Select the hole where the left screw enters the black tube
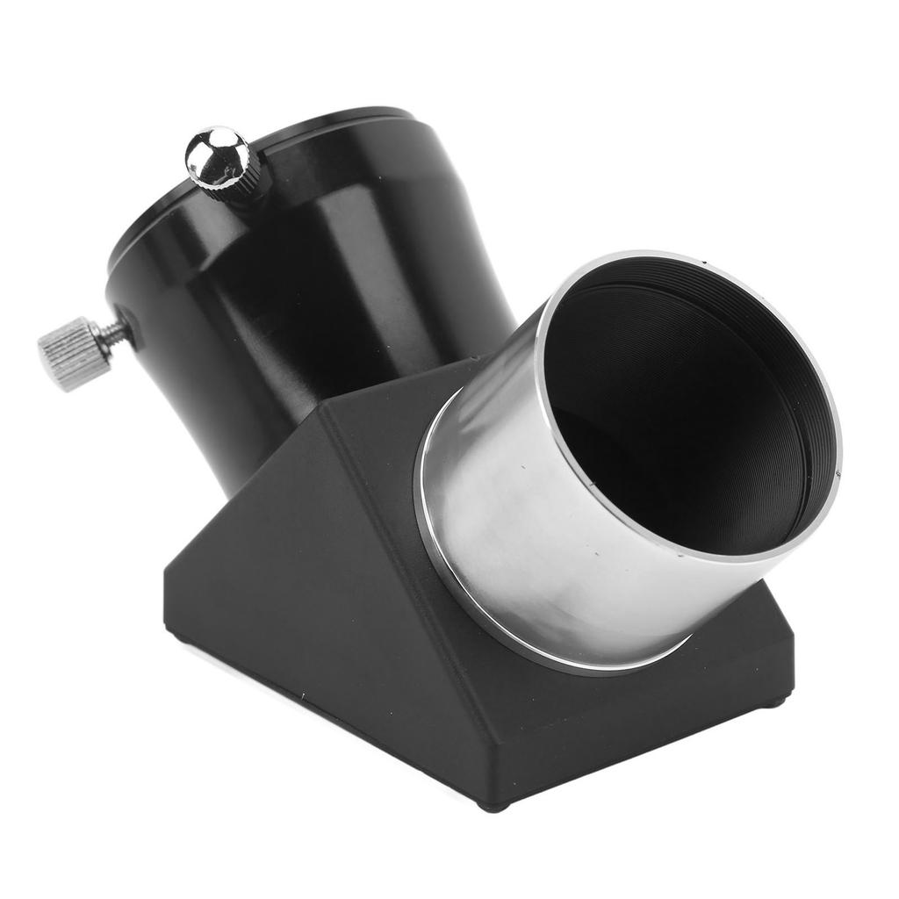pyautogui.click(x=132, y=326)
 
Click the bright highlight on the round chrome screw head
pyautogui.click(x=213, y=146)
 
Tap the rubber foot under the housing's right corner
pyautogui.click(x=773, y=702)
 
